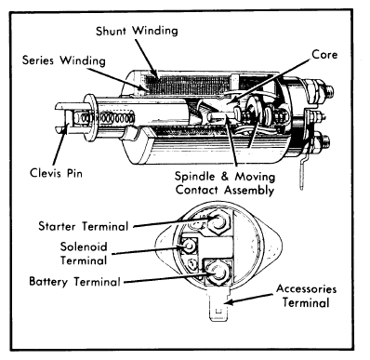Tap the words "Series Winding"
(61, 60)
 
